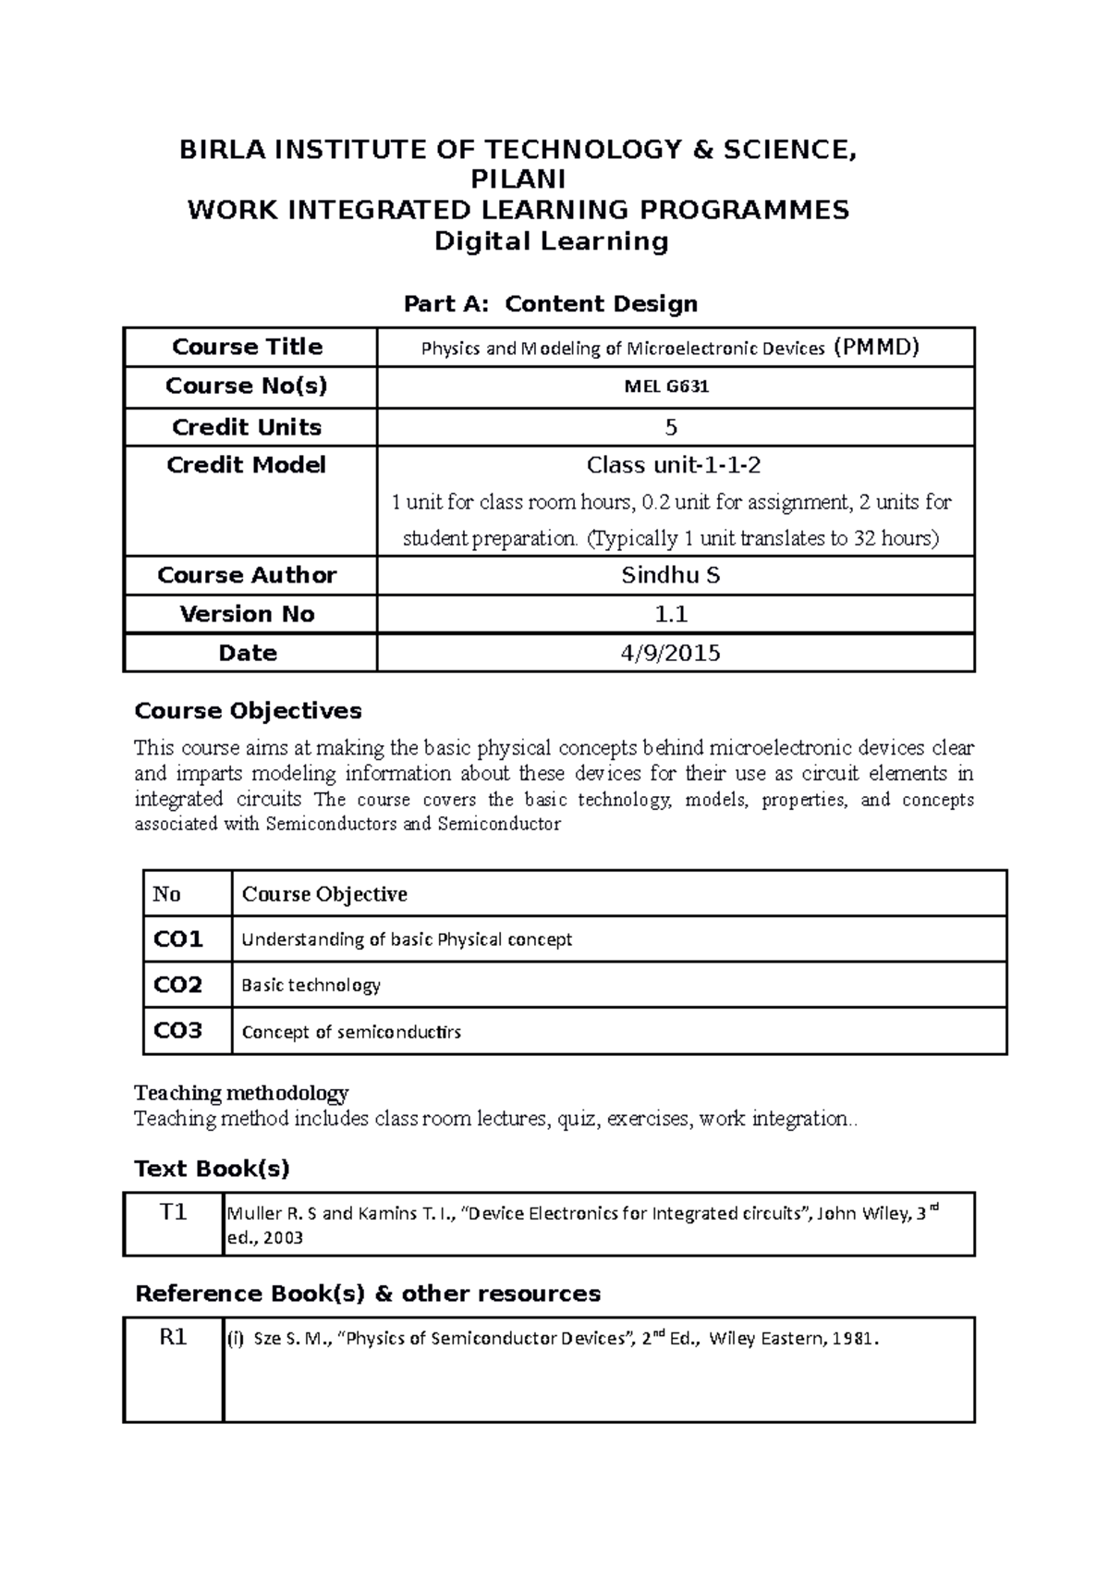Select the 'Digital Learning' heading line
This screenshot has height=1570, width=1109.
pos(552,241)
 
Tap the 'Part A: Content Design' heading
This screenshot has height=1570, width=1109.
pos(551,303)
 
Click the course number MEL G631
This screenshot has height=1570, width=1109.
pos(666,386)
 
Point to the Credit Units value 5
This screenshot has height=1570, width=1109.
pos(671,427)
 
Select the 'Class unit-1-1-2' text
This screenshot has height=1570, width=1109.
pos(674,465)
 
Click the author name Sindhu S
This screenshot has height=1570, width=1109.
pos(670,575)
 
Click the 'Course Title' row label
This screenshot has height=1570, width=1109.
pos(247,347)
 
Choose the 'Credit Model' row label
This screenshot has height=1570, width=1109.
pos(246,465)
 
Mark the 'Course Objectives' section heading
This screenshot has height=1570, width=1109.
pos(248,711)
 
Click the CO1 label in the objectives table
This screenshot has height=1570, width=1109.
pos(177,939)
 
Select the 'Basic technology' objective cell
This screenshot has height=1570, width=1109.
pos(311,985)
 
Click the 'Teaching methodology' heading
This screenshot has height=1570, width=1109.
pos(241,1093)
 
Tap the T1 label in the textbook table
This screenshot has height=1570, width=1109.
pos(173,1212)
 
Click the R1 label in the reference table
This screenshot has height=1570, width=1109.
pos(173,1337)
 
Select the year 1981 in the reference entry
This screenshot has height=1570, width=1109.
pos(855,1338)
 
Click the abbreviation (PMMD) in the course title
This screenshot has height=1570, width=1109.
pos(875,348)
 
